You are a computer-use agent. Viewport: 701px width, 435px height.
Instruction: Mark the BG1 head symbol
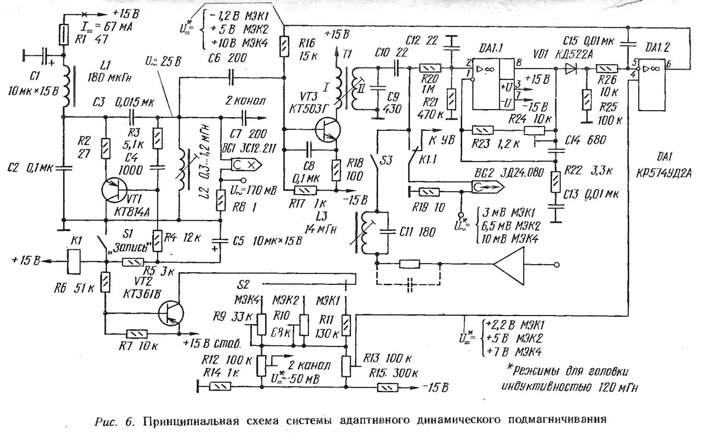pos(244,163)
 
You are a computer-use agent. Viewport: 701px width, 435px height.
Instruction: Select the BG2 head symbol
pos(487,186)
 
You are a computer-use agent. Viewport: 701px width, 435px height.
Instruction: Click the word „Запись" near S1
pos(129,247)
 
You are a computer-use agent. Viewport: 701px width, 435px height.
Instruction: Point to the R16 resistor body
pos(284,44)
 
